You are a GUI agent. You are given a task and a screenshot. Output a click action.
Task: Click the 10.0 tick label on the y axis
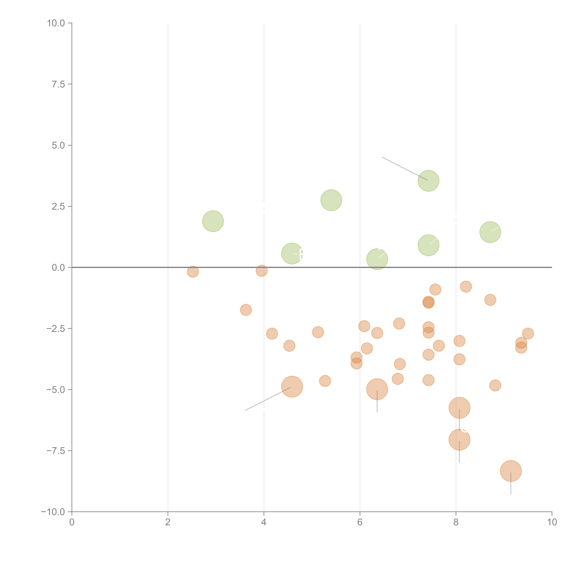point(56,23)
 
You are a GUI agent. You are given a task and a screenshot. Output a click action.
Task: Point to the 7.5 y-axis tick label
point(58,84)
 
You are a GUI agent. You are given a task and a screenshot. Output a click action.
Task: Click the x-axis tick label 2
point(168,522)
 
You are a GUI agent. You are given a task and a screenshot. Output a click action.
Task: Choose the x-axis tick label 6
point(360,522)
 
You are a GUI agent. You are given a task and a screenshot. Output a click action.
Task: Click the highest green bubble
point(428,181)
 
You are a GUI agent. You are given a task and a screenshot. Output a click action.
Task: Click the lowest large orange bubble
point(511,471)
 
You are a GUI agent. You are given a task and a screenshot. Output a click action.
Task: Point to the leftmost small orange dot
point(193,271)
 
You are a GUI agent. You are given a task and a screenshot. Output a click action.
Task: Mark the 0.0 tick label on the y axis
point(58,268)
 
